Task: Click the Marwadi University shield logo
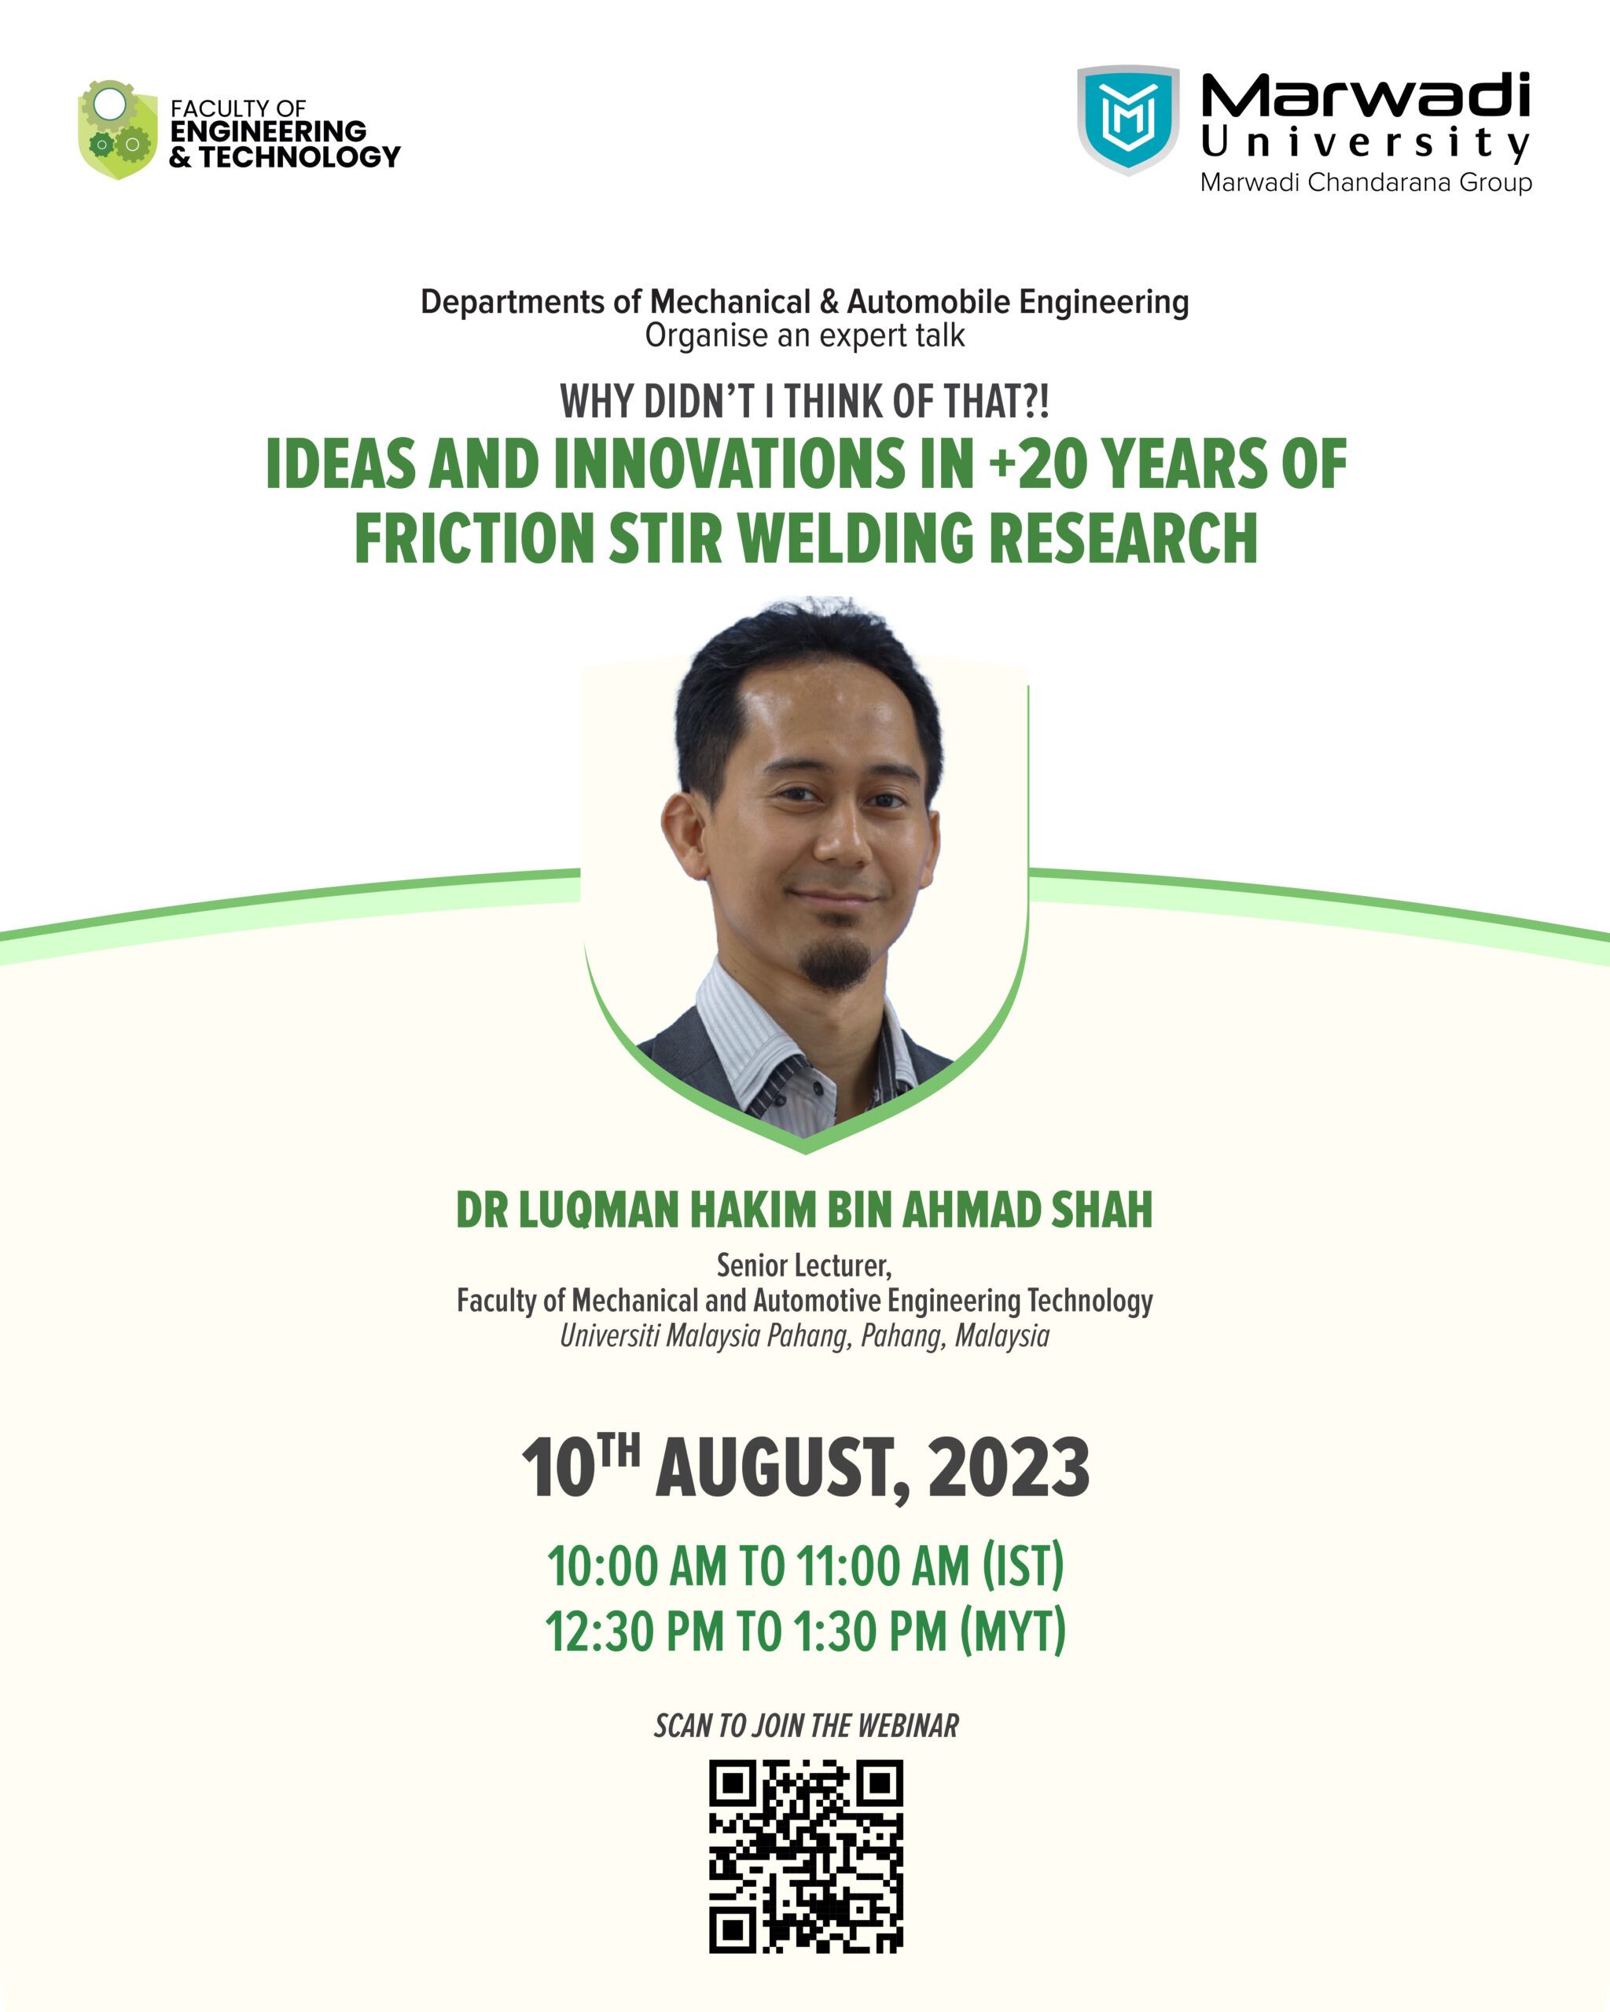(x=1128, y=119)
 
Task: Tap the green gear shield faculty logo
(x=118, y=130)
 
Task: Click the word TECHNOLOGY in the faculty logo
(x=300, y=156)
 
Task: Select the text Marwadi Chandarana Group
(x=1366, y=182)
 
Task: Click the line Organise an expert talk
(x=804, y=336)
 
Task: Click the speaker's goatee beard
(x=836, y=963)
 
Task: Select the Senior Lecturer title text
(x=803, y=1266)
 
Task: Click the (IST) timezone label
(x=1023, y=1567)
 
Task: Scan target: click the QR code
(x=806, y=1857)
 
